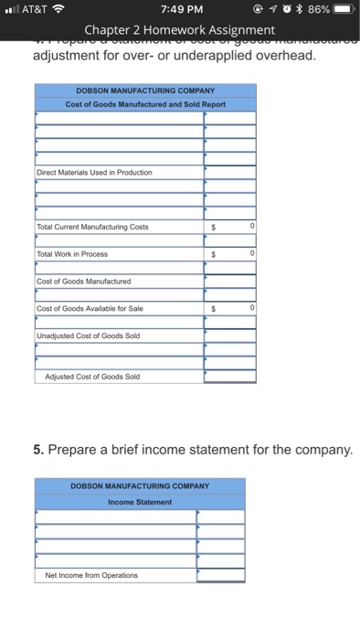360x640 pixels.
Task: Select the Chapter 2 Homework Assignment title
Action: pyautogui.click(x=178, y=31)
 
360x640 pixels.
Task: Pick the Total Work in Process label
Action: pyautogui.click(x=72, y=253)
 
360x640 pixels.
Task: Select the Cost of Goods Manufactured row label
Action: pyautogui.click(x=84, y=281)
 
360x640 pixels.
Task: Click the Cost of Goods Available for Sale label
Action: pyautogui.click(x=90, y=308)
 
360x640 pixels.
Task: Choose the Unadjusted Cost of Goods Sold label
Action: pyautogui.click(x=88, y=335)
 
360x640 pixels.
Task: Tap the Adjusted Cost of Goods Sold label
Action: pyautogui.click(x=92, y=376)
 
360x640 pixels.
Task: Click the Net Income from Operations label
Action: pyautogui.click(x=91, y=575)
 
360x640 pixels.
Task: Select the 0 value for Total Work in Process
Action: pyautogui.click(x=251, y=253)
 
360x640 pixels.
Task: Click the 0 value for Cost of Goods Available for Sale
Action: pyautogui.click(x=251, y=308)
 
